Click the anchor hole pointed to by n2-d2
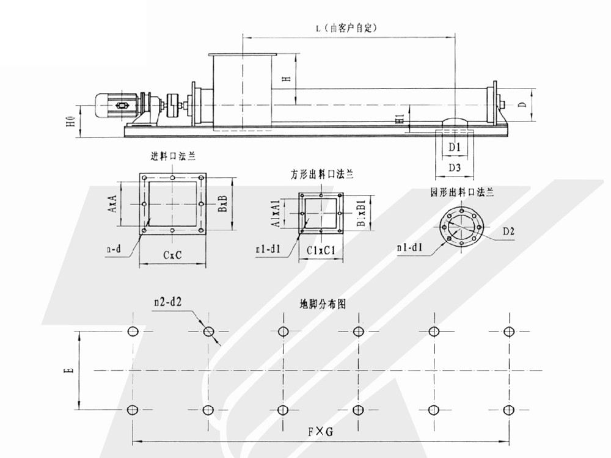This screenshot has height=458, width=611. coord(208,331)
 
